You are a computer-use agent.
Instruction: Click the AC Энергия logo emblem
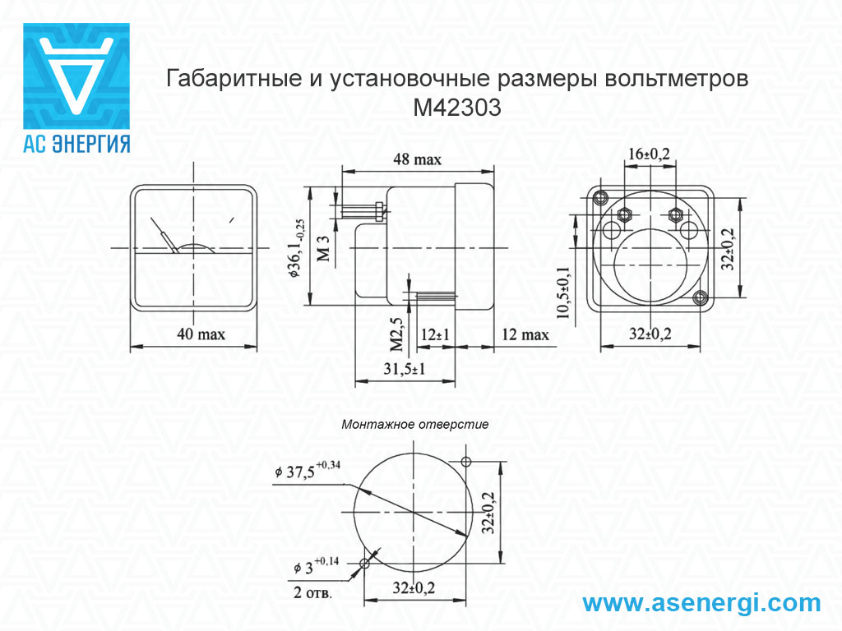[76, 76]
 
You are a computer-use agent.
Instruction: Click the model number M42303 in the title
[457, 108]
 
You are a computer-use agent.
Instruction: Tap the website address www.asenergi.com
[701, 602]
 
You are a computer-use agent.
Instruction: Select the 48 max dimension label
[417, 159]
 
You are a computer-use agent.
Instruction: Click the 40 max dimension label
[201, 334]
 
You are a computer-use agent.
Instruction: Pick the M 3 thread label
[322, 248]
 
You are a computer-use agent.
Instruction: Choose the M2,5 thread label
[396, 334]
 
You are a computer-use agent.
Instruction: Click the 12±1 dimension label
[435, 335]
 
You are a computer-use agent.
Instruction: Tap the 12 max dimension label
[525, 335]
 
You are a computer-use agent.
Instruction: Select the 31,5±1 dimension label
[405, 369]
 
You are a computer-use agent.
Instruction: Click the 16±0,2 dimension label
[650, 154]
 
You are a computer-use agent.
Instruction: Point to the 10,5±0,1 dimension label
[564, 293]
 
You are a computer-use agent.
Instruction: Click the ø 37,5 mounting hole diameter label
[308, 470]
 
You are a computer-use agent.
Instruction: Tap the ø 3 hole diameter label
[317, 565]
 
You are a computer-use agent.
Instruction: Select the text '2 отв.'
[312, 592]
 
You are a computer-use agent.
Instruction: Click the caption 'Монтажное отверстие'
[415, 425]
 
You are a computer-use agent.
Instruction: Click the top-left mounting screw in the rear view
[599, 198]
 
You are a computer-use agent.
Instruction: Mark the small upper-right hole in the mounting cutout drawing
[466, 462]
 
